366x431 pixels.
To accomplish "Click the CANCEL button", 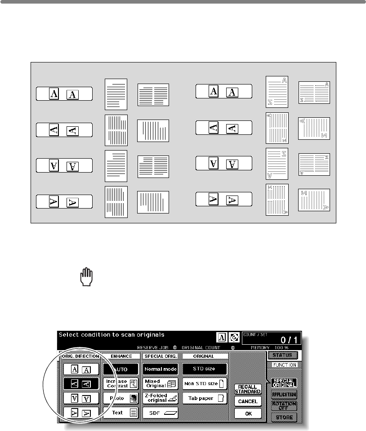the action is pyautogui.click(x=248, y=401).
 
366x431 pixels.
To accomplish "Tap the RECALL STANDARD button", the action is pyautogui.click(x=248, y=388).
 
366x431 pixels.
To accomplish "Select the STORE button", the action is pyautogui.click(x=284, y=418).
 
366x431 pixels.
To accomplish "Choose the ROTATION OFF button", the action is pyautogui.click(x=284, y=406).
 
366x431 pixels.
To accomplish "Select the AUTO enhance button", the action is pyautogui.click(x=121, y=369).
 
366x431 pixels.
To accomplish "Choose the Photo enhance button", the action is pyautogui.click(x=121, y=398).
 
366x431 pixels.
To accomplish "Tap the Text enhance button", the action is pyautogui.click(x=121, y=412).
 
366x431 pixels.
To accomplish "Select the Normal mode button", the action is pyautogui.click(x=161, y=369).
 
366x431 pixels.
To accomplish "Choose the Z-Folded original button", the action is pyautogui.click(x=161, y=398).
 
